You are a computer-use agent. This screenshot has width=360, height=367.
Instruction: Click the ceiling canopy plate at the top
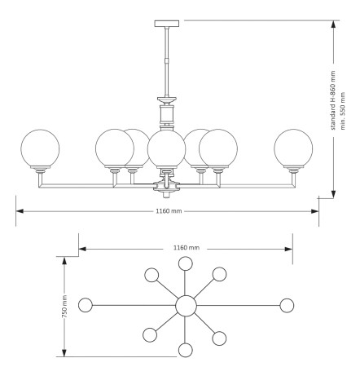point(167,24)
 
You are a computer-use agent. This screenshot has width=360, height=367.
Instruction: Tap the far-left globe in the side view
point(40,148)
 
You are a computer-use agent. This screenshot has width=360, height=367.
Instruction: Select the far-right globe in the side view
point(293,148)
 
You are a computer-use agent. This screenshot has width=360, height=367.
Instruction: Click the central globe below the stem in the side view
point(166,148)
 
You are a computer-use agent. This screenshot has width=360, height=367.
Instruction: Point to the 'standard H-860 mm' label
point(333,100)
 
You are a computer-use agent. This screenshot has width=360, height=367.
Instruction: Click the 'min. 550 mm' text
point(342,111)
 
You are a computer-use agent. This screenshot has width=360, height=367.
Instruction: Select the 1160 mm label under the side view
point(169,211)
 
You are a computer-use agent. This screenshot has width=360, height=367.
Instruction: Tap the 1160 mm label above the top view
point(187,248)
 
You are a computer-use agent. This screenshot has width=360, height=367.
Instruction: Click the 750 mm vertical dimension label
point(64,307)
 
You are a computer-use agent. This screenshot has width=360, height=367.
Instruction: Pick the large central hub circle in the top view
point(186,306)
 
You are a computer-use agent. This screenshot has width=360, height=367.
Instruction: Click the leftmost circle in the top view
point(86,305)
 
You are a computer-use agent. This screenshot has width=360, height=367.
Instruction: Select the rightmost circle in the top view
point(287,305)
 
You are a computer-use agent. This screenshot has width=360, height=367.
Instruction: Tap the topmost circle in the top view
point(186,263)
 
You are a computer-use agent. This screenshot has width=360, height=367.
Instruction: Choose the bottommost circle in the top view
point(186,350)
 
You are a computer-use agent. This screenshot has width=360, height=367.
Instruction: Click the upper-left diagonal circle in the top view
point(151,275)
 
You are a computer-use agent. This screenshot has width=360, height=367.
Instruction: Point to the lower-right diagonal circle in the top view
point(219,338)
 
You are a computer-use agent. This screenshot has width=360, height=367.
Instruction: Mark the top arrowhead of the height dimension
point(333,24)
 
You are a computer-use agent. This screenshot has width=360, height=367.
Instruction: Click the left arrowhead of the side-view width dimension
point(20,211)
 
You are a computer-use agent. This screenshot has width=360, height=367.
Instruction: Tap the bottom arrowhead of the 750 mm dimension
point(64,353)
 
